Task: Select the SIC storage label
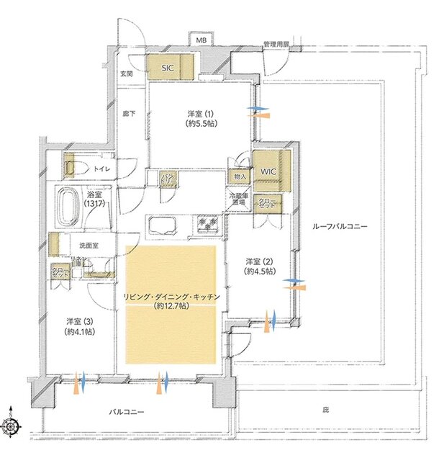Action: point(168,68)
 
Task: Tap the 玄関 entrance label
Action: point(126,73)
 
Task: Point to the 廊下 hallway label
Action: point(129,114)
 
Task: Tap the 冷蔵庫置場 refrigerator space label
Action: point(239,199)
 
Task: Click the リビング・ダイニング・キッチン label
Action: point(171,300)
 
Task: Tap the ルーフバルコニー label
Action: point(339,226)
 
